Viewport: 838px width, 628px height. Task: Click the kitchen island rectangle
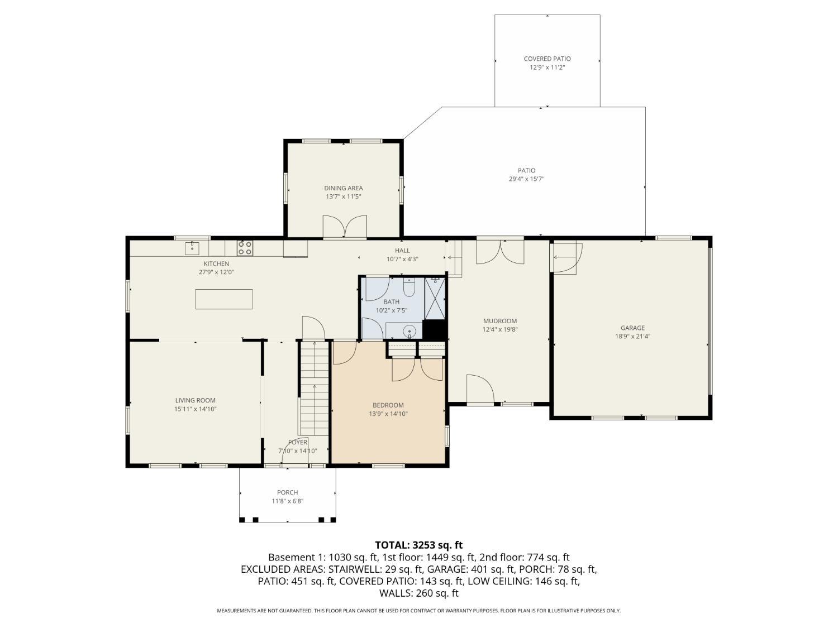coord(223,299)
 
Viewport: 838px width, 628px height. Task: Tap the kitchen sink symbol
coord(192,248)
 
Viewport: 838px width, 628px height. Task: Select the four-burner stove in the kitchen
coord(245,248)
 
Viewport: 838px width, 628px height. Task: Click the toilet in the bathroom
coord(409,288)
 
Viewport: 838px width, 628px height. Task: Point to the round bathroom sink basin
coord(410,331)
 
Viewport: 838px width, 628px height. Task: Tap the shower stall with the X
coord(435,298)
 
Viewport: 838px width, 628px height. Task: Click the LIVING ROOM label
coord(196,400)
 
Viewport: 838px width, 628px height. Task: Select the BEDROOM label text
coord(388,405)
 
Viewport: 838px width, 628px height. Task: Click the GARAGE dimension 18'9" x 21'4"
coord(632,336)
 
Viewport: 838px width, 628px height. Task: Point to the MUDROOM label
coord(500,321)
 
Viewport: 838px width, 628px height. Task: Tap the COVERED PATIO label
coord(547,59)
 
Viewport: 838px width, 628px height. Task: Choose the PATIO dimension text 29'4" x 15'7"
coord(526,179)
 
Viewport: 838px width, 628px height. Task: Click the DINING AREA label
coord(343,188)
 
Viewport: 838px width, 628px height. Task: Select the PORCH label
coord(288,492)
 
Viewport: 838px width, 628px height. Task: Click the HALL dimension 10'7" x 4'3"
coord(402,259)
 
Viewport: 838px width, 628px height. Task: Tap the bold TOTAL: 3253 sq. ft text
coord(419,545)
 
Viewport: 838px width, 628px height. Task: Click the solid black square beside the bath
coord(435,330)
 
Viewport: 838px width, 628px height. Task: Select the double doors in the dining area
coord(345,227)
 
